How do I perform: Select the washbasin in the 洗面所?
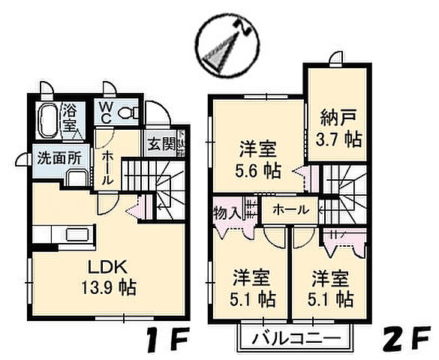(x=76, y=178)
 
